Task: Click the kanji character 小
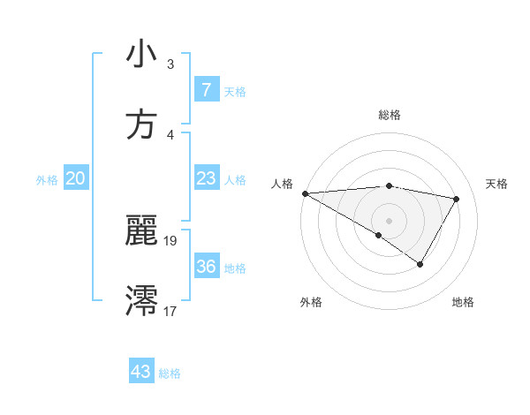(x=141, y=55)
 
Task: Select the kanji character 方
(x=141, y=124)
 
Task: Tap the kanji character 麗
(x=141, y=231)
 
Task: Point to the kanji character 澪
(x=141, y=300)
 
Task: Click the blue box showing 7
(x=206, y=89)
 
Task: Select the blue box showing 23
(x=206, y=178)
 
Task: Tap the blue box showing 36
(x=206, y=267)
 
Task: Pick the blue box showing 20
(x=75, y=178)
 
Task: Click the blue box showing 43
(x=140, y=372)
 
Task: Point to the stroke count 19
(x=170, y=240)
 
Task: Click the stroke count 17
(x=170, y=311)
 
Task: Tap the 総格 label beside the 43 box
(x=170, y=373)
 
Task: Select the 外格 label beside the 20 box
(x=47, y=180)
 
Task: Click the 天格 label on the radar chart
(x=496, y=183)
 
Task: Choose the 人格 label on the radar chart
(x=282, y=183)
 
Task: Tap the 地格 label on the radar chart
(x=463, y=302)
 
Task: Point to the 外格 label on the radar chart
(x=311, y=302)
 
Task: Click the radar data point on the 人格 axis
(x=305, y=192)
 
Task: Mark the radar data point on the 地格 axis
(x=420, y=264)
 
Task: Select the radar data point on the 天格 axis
(x=457, y=199)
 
